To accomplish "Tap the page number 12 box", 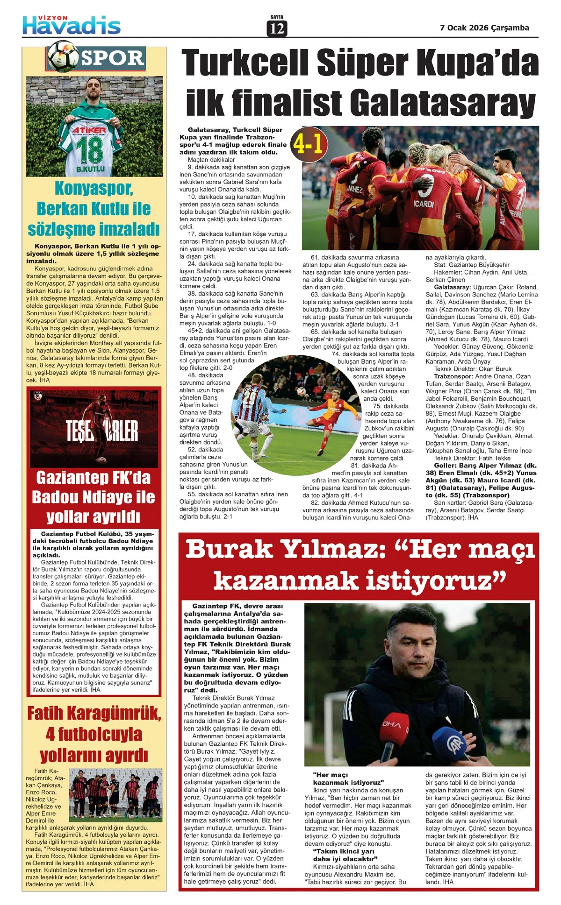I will pos(277,28).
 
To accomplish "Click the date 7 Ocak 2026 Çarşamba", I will pos(484,28).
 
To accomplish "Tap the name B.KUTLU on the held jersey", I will pos(91,169).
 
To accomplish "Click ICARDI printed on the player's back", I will pos(424,204).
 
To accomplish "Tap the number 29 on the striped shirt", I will pos(250,398).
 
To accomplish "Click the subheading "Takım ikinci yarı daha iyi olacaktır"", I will pos(345,855).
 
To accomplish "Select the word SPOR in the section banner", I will pos(112,58).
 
